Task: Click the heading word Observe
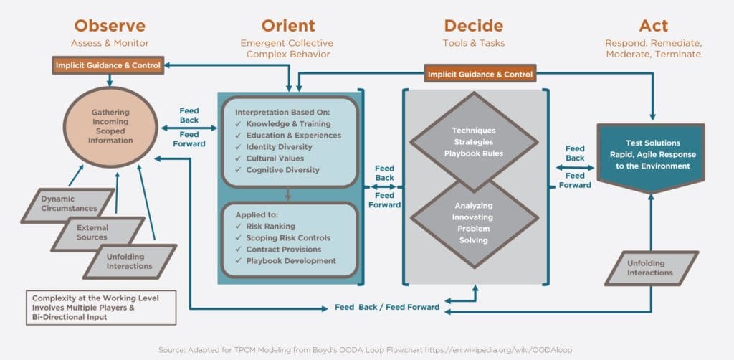pos(111,27)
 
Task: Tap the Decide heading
pos(473,27)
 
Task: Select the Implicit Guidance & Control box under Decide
pos(480,74)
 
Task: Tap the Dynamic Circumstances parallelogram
pos(67,204)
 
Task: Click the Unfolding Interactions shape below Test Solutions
pos(651,267)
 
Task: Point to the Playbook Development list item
pos(285,261)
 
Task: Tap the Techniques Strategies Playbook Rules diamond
pos(474,142)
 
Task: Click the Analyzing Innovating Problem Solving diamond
pos(474,222)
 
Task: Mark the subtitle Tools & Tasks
pos(473,43)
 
